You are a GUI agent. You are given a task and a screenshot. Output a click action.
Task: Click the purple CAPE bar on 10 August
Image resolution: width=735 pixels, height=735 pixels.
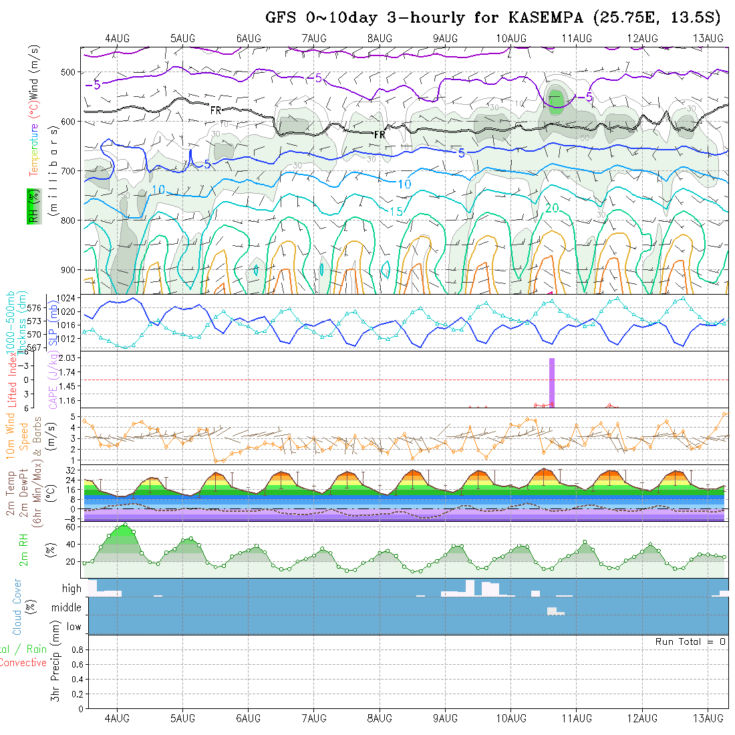click(552, 382)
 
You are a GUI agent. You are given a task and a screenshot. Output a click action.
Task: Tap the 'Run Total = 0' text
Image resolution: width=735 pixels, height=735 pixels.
click(690, 641)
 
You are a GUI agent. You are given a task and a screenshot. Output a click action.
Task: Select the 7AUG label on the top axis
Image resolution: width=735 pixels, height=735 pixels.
click(314, 39)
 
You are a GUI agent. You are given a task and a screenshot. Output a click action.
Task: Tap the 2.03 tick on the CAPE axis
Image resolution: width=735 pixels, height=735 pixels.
click(69, 358)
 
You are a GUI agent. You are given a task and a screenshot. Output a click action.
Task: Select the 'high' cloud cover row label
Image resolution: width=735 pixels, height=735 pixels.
click(71, 589)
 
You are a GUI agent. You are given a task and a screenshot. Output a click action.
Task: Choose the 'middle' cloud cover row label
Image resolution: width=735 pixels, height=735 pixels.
click(67, 608)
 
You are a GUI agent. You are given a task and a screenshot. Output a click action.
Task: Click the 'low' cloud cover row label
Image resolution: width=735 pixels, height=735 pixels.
click(73, 627)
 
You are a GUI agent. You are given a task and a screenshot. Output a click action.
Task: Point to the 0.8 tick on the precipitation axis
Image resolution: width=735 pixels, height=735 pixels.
click(76, 649)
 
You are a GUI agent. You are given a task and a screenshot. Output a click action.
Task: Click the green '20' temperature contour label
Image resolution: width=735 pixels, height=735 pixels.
click(552, 208)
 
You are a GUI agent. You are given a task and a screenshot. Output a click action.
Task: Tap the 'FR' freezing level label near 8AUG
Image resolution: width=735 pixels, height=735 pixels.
click(380, 135)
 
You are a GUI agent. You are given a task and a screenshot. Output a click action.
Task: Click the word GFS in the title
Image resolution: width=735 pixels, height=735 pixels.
click(281, 17)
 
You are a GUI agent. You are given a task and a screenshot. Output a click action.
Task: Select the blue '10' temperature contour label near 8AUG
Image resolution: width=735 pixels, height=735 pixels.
click(405, 184)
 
